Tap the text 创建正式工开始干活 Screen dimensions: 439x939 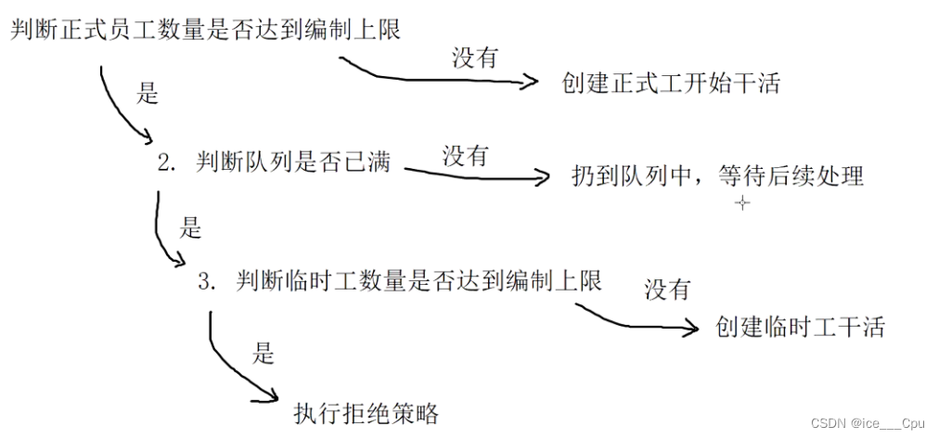click(x=671, y=84)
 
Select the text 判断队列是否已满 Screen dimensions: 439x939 click(x=293, y=163)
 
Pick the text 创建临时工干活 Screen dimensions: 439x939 click(x=800, y=327)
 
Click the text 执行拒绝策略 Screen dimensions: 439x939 click(x=366, y=412)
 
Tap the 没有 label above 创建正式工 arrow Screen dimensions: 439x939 click(x=475, y=58)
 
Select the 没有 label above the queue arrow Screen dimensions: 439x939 click(x=465, y=155)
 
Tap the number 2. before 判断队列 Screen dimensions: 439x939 click(x=167, y=164)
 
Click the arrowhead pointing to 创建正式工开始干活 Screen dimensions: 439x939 click(x=531, y=83)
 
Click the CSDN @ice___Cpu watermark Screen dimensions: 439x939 click(x=868, y=423)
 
